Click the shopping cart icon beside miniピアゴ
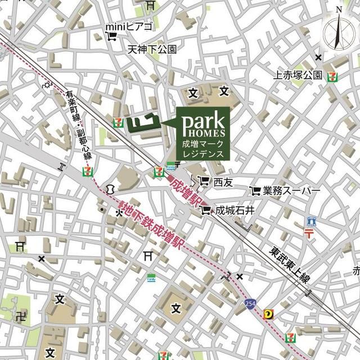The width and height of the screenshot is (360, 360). pyautogui.click(x=111, y=38)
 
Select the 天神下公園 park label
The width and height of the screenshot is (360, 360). pyautogui.click(x=152, y=49)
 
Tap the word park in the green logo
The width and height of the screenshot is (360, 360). pyautogui.click(x=203, y=121)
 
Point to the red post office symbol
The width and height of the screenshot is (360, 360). pyautogui.click(x=310, y=232)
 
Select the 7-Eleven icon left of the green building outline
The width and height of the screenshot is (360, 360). pyautogui.click(x=118, y=121)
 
